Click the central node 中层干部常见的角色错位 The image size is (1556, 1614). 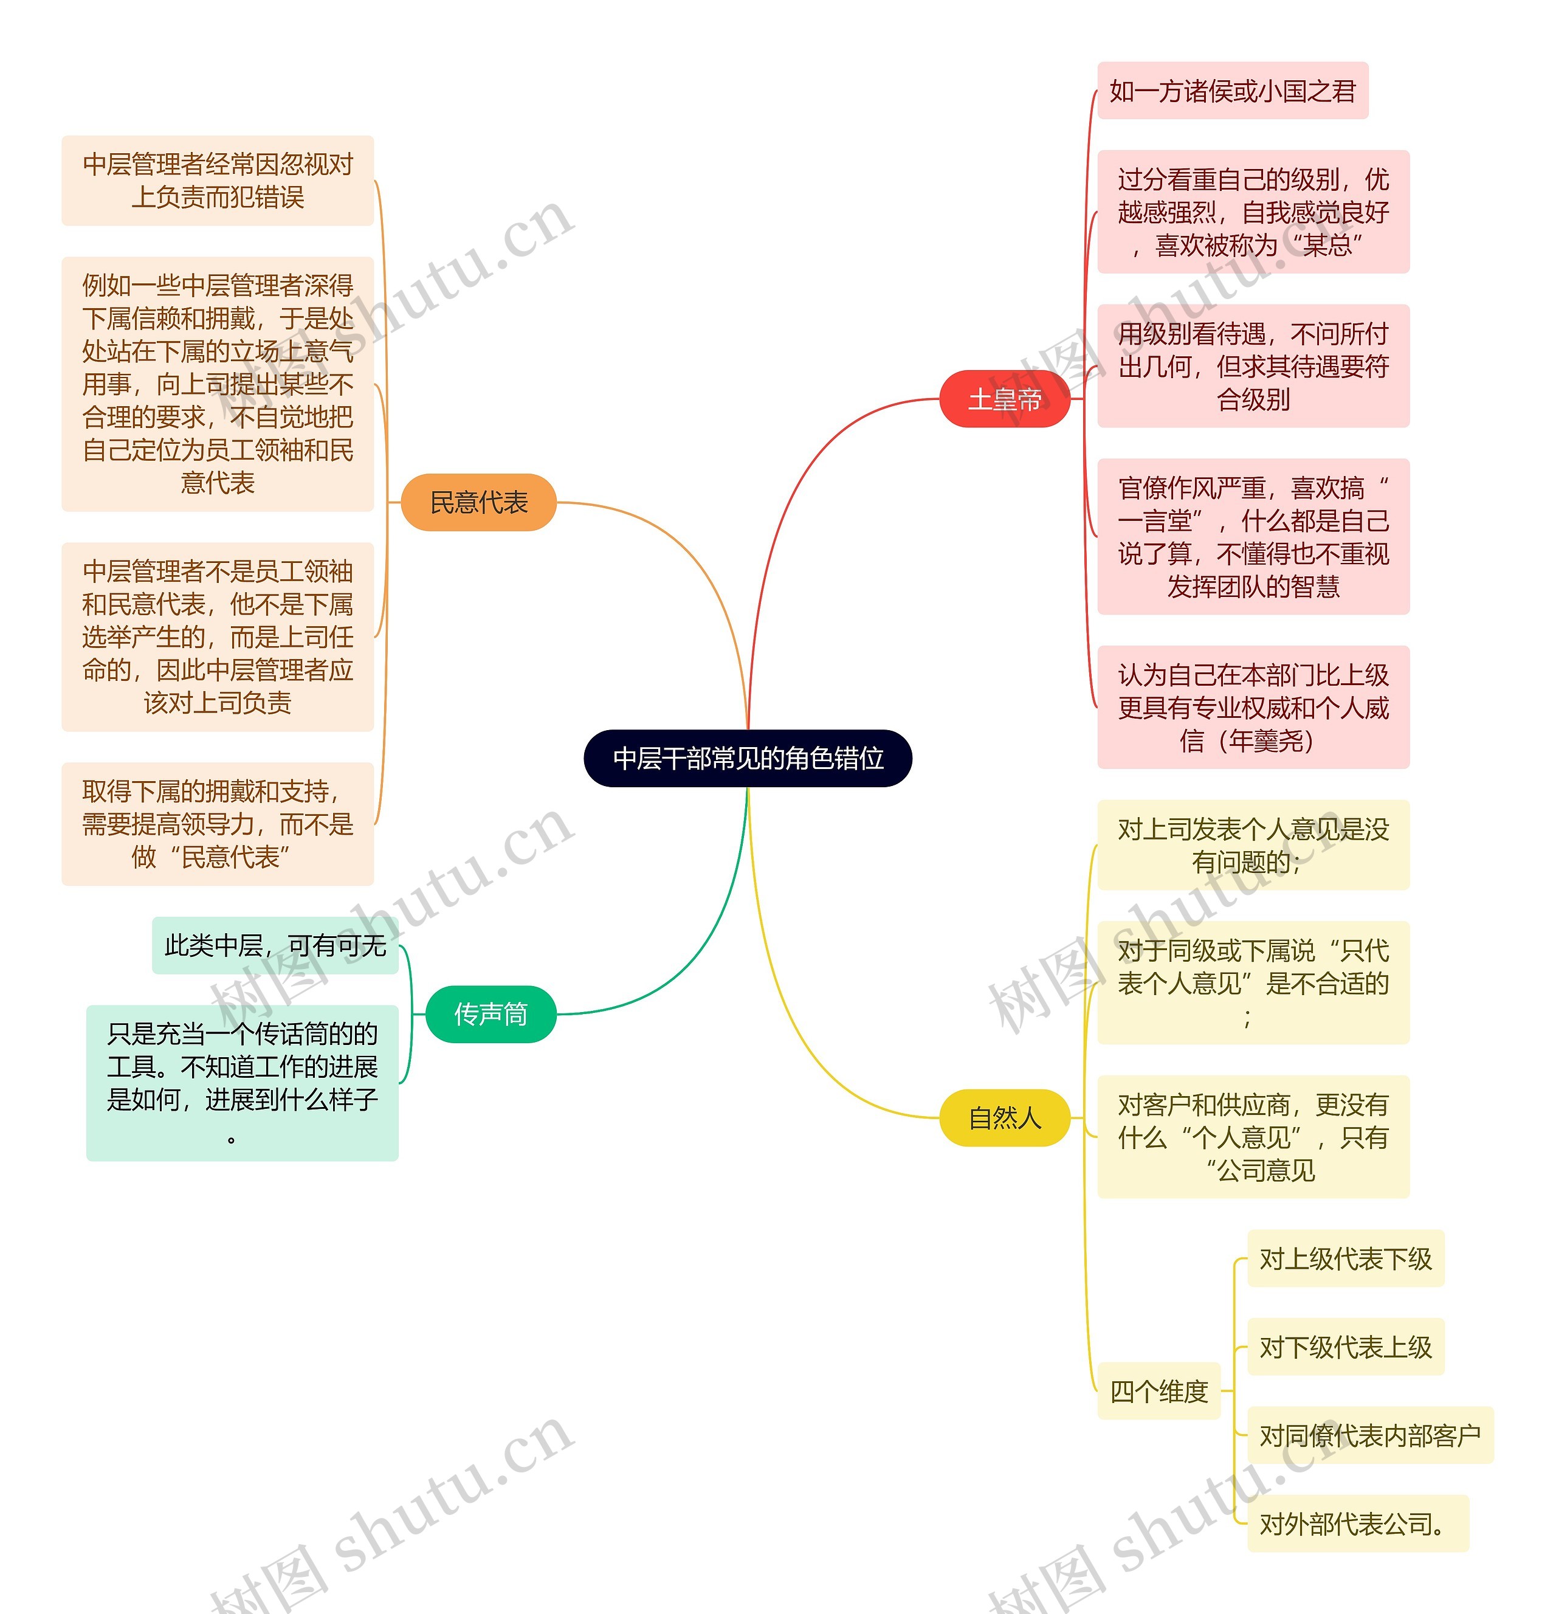click(x=748, y=757)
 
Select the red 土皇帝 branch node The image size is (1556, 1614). click(x=1004, y=399)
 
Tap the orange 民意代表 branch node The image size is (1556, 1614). click(x=478, y=502)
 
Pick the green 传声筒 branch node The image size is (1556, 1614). click(x=491, y=1014)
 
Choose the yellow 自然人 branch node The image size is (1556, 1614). click(x=1004, y=1117)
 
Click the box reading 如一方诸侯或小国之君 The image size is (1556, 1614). click(x=1233, y=91)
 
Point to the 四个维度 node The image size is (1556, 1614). click(x=1158, y=1391)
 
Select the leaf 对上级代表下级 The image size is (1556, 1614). click(x=1345, y=1258)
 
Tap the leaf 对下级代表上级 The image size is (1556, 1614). click(x=1345, y=1347)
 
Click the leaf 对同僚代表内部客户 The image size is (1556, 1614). click(x=1370, y=1435)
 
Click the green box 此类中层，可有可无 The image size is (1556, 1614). click(x=275, y=945)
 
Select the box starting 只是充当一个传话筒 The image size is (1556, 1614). click(x=242, y=1083)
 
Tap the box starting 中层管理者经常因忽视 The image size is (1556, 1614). click(x=218, y=181)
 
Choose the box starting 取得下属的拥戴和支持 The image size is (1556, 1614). click(x=218, y=824)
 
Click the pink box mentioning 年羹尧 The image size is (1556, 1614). click(x=1253, y=708)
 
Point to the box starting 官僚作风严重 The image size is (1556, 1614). click(x=1253, y=536)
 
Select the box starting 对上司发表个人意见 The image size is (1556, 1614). click(x=1253, y=845)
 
